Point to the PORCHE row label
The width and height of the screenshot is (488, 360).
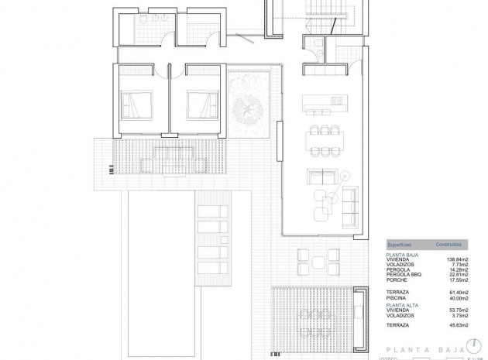[x=398, y=279]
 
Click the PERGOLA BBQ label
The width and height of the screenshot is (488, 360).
[x=404, y=274]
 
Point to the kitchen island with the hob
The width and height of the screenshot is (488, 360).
[x=324, y=101]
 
